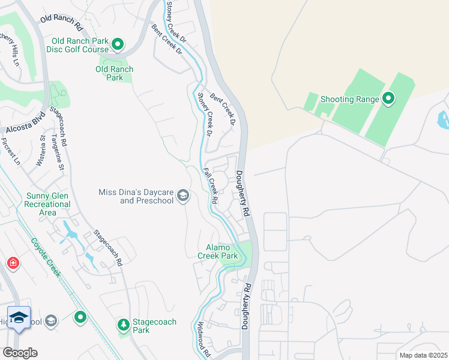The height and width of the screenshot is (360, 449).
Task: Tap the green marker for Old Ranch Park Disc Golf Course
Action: [x=118, y=44]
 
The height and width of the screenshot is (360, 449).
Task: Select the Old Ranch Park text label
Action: [x=114, y=73]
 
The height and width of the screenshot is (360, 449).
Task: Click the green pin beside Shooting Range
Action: [x=388, y=99]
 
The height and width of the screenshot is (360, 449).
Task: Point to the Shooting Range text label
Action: [x=349, y=100]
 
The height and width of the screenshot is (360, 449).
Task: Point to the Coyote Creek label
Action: [x=46, y=256]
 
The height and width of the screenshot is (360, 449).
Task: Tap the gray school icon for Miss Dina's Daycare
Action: [x=182, y=196]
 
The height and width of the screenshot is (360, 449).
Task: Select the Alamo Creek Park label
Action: [x=218, y=251]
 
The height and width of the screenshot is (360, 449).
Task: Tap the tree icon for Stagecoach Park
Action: [x=123, y=325]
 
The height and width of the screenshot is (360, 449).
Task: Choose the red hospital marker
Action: [x=13, y=263]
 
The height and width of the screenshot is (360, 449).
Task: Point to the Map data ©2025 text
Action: [x=423, y=355]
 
